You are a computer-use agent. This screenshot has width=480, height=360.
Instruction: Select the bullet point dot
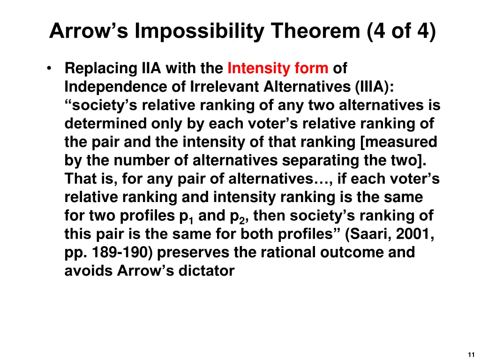(49, 69)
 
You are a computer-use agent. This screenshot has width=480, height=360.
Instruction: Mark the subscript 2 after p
(243, 219)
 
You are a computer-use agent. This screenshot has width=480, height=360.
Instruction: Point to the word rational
(289, 253)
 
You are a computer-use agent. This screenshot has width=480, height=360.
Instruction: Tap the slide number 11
(471, 355)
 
